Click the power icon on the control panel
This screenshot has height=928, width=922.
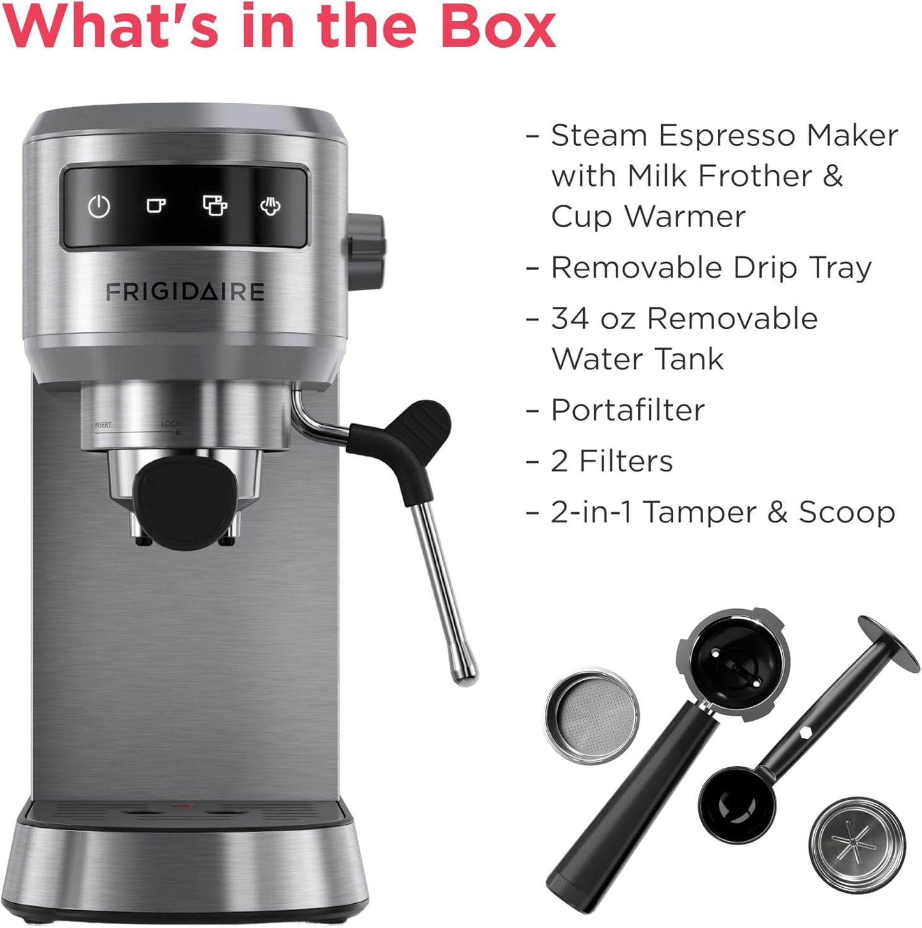pos(99,206)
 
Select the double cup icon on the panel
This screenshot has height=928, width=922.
pos(214,205)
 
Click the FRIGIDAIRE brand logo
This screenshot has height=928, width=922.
pos(185,292)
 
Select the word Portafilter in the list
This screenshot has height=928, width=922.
pos(628,410)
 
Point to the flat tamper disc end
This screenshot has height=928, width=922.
pos(888,644)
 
